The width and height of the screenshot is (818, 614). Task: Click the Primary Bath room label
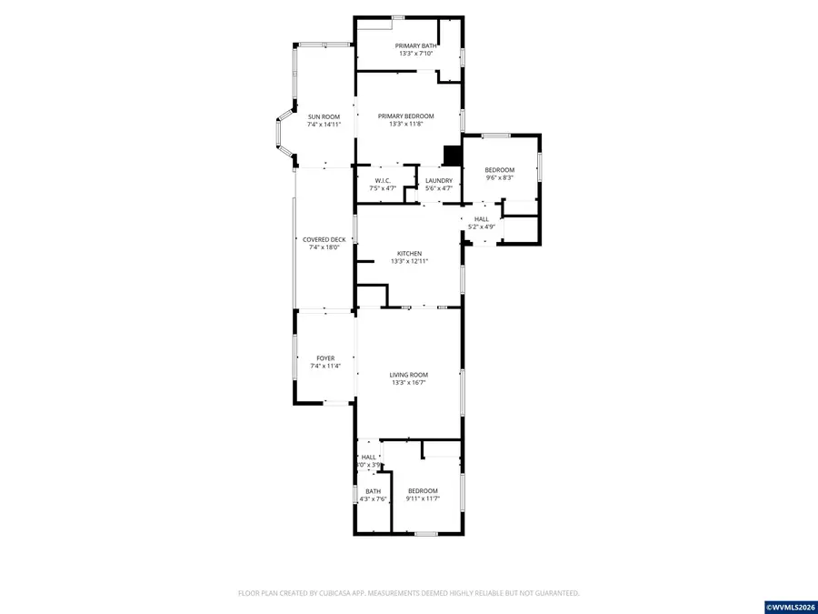(x=415, y=45)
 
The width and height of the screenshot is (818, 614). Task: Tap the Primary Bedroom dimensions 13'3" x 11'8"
(x=406, y=124)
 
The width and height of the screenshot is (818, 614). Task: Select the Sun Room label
(x=324, y=116)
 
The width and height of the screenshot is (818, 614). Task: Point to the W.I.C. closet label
(x=383, y=180)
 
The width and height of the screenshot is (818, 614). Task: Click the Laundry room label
(x=439, y=180)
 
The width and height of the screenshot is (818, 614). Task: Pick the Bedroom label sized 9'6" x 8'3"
(x=499, y=170)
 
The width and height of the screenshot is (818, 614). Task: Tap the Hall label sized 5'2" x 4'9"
(x=482, y=218)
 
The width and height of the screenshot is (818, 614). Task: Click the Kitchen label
(x=409, y=253)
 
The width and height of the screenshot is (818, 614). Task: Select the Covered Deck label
(x=324, y=239)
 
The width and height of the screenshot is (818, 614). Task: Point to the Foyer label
(x=325, y=358)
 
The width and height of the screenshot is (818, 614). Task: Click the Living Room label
(x=409, y=375)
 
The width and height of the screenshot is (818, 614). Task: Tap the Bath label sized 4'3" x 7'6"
(x=373, y=491)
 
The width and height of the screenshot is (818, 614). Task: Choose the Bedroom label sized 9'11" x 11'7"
(x=423, y=491)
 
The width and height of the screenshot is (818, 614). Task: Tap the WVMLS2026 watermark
(x=791, y=606)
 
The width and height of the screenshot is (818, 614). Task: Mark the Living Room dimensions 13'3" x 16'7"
(x=409, y=383)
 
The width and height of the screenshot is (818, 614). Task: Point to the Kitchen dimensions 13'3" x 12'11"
(x=409, y=261)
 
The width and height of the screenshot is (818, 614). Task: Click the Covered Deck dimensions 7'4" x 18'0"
(x=324, y=247)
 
